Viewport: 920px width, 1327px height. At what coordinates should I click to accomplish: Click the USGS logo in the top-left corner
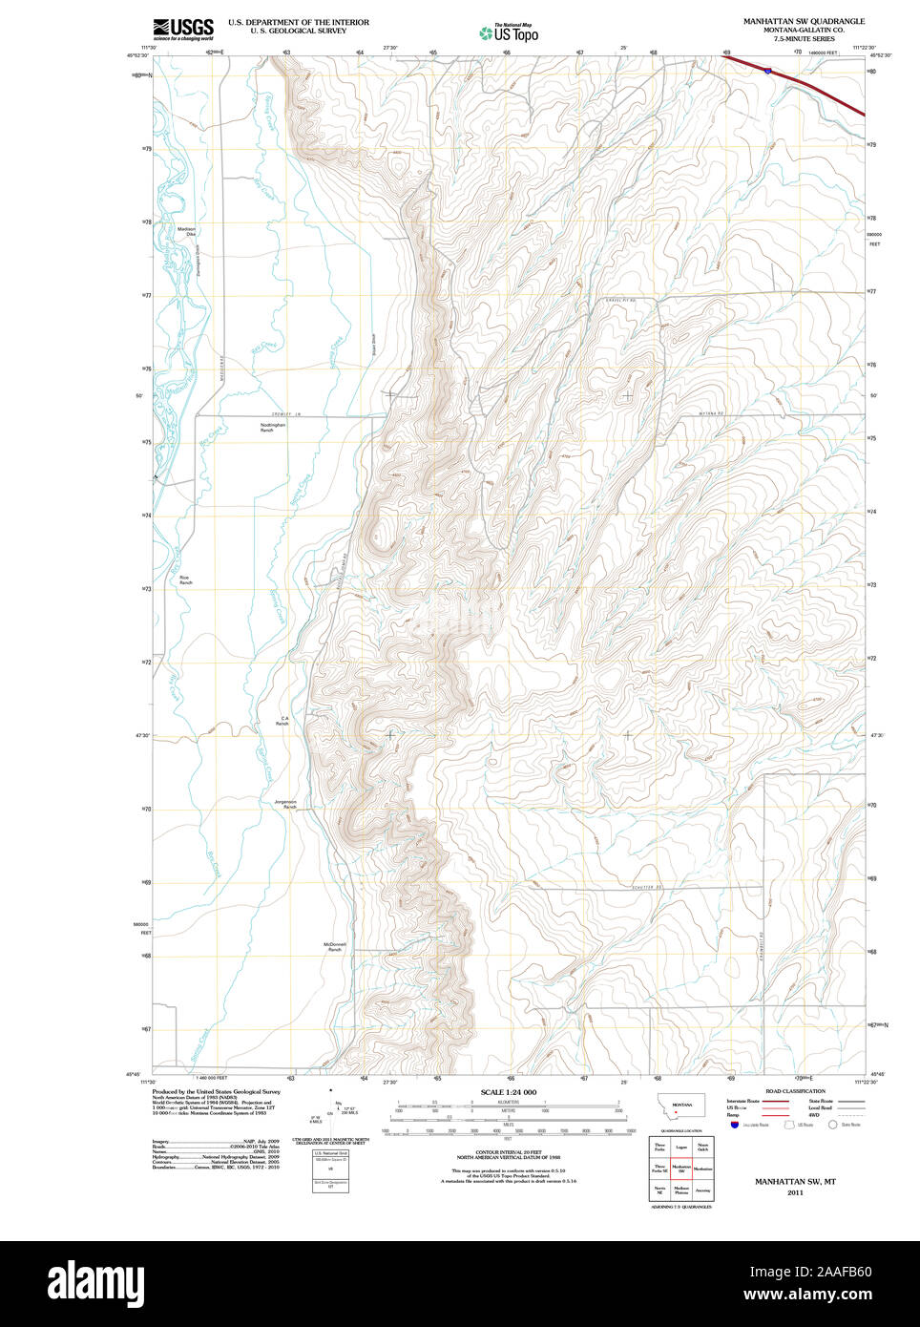tap(183, 29)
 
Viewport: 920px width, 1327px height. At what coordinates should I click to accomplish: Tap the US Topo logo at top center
tap(510, 32)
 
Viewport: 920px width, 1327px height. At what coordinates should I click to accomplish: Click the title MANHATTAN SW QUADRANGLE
tap(804, 21)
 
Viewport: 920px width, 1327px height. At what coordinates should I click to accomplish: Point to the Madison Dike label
tap(186, 231)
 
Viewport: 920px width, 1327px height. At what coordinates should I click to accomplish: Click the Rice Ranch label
tap(184, 579)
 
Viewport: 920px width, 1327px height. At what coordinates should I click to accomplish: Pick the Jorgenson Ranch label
tap(285, 804)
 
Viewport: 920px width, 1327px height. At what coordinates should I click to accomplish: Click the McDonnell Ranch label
tap(334, 947)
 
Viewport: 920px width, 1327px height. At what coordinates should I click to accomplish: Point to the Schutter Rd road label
tap(646, 887)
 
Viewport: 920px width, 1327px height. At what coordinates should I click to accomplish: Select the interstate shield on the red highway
tap(767, 70)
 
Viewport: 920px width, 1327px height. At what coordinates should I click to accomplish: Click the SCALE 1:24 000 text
tap(508, 1092)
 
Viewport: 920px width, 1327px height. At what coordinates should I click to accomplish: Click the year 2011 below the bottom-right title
tap(795, 1193)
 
